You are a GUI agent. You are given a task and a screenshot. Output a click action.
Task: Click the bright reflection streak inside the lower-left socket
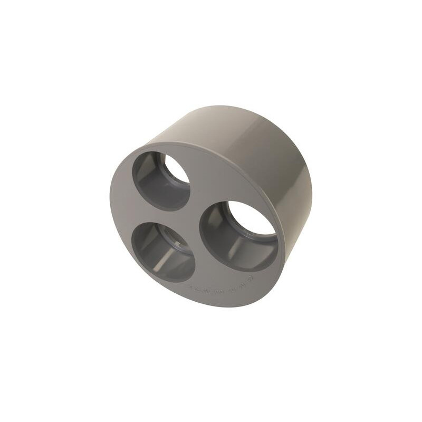point(164,258)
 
